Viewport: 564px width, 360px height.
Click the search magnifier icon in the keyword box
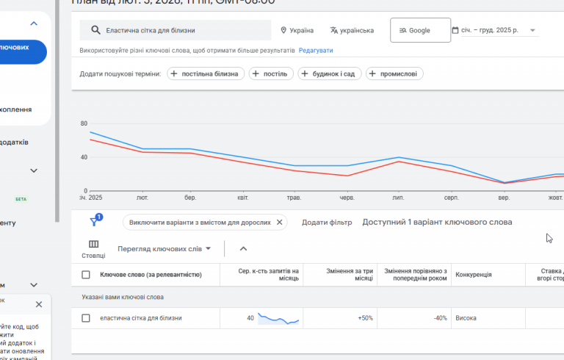coord(95,31)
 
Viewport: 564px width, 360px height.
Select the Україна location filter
coord(297,31)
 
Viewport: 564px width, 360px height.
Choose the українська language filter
coord(352,31)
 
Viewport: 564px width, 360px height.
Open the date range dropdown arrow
coord(532,31)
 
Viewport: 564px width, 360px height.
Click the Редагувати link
coord(316,51)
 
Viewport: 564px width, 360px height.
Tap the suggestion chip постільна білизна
coord(206,73)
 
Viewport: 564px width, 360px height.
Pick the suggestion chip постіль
coord(272,73)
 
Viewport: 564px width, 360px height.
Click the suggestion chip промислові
coord(394,73)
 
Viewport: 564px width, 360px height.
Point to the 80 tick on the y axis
coord(84,123)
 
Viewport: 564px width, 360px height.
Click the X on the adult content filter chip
coord(279,222)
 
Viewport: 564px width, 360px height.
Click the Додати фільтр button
coord(327,222)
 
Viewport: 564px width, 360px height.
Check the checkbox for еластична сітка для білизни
coord(86,318)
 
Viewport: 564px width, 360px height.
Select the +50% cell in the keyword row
coord(365,318)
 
